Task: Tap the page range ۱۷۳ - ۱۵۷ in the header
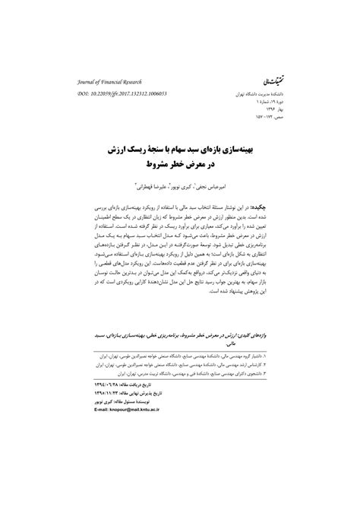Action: click(x=274, y=119)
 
